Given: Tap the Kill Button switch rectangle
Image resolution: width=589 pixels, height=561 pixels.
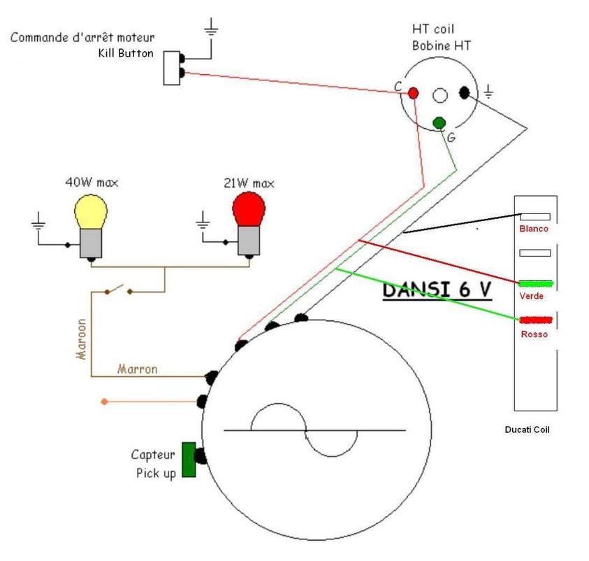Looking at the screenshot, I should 171,67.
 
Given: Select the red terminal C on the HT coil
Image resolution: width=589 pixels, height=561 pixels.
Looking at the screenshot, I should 413,92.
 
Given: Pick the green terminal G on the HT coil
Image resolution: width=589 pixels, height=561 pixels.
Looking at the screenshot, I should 439,123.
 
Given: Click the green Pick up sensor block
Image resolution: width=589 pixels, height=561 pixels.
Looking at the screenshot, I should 189,460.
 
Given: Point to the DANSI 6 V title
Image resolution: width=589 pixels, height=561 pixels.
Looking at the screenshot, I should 437,290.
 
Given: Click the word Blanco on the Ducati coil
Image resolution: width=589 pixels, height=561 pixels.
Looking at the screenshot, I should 534,229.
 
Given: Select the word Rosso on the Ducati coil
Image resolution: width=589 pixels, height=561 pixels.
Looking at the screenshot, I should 534,334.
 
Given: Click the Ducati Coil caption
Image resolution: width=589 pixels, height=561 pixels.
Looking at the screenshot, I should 527,429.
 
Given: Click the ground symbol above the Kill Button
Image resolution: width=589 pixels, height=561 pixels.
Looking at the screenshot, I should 211,28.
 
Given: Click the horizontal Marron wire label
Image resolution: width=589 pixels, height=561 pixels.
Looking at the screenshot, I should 137,368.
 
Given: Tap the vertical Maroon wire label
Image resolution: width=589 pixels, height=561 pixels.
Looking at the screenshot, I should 82,339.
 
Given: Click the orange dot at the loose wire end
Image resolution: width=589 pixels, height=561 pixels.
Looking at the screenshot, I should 105,402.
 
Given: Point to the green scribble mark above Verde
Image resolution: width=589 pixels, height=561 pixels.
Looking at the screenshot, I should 535,283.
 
